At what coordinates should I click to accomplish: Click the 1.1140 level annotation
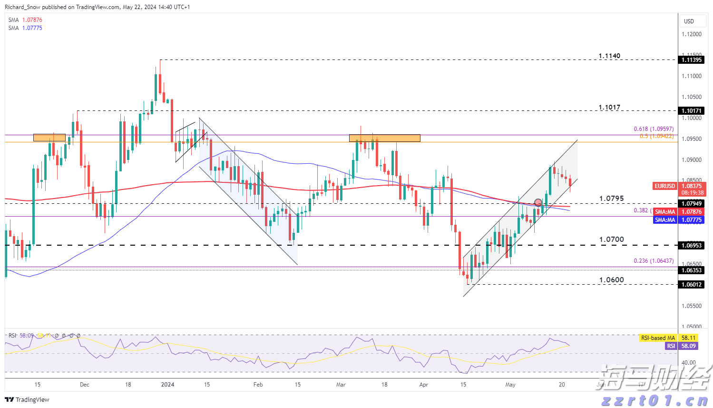pyautogui.click(x=609, y=56)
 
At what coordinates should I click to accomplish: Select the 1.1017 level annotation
pyautogui.click(x=609, y=108)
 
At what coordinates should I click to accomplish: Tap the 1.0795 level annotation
pyautogui.click(x=611, y=199)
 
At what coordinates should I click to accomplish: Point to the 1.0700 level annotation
pyautogui.click(x=611, y=239)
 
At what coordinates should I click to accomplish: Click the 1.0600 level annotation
pyautogui.click(x=611, y=280)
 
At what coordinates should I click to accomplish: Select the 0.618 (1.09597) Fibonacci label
pyautogui.click(x=654, y=129)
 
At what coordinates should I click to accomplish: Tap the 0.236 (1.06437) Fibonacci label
pyautogui.click(x=654, y=261)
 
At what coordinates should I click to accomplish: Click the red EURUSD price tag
pyautogui.click(x=664, y=186)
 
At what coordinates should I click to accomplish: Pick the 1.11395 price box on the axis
pyautogui.click(x=692, y=60)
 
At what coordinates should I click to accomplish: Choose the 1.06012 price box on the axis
pyautogui.click(x=692, y=285)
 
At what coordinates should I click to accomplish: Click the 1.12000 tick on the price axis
pyautogui.click(x=692, y=34)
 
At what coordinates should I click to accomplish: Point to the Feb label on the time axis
pyautogui.click(x=258, y=385)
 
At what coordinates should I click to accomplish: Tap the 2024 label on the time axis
pyautogui.click(x=167, y=385)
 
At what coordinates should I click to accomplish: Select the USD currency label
pyautogui.click(x=689, y=21)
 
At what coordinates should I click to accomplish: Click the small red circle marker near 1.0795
pyautogui.click(x=538, y=202)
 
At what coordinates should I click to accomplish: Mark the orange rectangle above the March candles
pyautogui.click(x=384, y=138)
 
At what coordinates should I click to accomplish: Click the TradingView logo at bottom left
pyautogui.click(x=27, y=399)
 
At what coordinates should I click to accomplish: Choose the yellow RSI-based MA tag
pyautogui.click(x=658, y=338)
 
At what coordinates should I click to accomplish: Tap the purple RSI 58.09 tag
pyautogui.click(x=671, y=346)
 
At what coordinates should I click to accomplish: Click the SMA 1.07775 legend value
pyautogui.click(x=32, y=28)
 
